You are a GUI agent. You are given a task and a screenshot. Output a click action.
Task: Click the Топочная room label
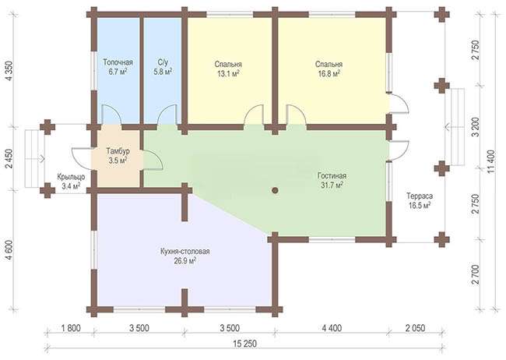coord(118,62)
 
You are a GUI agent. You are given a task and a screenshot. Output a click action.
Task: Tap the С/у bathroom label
coord(163,62)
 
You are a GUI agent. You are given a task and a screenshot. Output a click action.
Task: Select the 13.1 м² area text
coord(228,74)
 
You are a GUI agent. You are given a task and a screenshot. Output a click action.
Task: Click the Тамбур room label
coord(118,151)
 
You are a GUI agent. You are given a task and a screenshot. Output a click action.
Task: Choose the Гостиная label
coord(332,176)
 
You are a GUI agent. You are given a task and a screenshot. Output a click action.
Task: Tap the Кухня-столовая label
coord(185,252)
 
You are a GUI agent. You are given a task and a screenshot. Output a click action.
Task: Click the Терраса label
coord(420,196)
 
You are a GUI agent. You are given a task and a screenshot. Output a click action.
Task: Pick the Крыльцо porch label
coord(71,177)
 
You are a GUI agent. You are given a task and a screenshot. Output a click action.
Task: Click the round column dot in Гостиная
coord(275,190)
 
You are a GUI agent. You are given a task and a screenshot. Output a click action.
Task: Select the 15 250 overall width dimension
coord(245,344)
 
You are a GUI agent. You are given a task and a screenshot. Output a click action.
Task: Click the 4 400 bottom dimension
coord(330,328)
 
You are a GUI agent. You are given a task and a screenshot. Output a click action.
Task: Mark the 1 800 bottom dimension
coord(70,328)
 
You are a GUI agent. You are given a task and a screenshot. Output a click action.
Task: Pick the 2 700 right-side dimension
coord(476,275)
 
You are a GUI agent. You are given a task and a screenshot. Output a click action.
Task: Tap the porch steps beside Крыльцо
coord(35,158)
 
